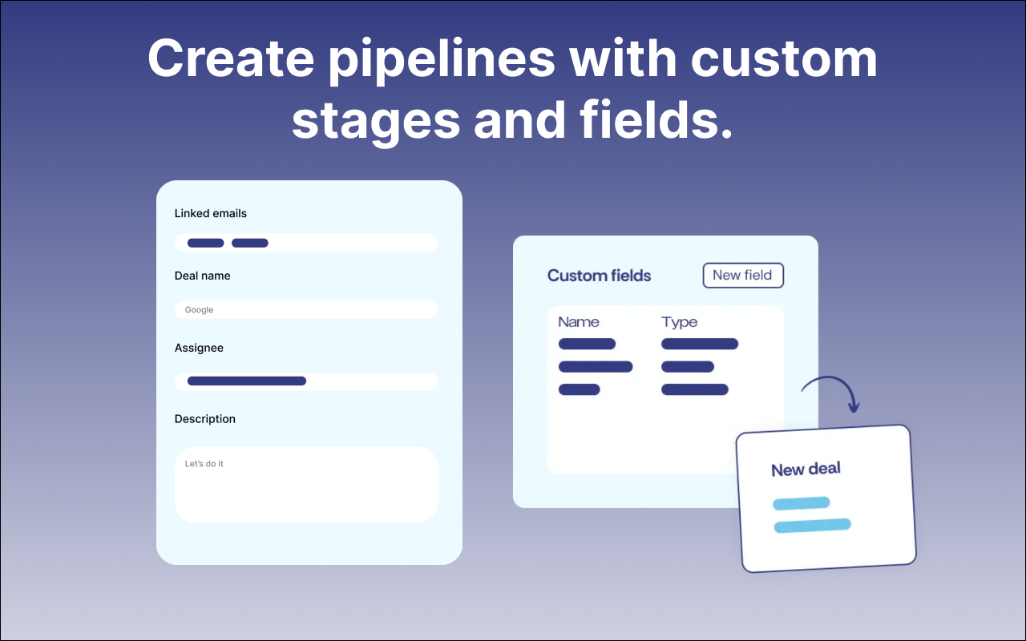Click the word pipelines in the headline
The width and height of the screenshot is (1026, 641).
(442, 60)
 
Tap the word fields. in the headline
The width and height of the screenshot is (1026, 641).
(656, 120)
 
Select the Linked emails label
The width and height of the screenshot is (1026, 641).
(211, 213)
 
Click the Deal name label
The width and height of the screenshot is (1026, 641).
(203, 276)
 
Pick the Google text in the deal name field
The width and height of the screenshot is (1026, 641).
(200, 310)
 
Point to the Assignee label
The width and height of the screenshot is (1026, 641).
(199, 348)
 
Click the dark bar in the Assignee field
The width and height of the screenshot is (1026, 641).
(247, 381)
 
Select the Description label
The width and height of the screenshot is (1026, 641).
(204, 419)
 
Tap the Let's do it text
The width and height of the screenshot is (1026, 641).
(204, 464)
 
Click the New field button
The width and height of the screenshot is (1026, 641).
(743, 275)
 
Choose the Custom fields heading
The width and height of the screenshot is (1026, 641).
(599, 276)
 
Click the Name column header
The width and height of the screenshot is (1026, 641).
(579, 322)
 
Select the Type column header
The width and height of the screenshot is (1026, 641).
(679, 322)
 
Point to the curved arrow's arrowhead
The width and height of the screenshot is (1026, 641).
(854, 406)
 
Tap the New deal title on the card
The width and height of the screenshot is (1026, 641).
(806, 470)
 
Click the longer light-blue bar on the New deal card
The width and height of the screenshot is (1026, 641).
(813, 525)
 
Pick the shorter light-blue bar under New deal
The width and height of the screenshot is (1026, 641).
(801, 503)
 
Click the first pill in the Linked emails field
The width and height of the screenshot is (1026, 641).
(206, 243)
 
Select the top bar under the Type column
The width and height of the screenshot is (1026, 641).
(700, 344)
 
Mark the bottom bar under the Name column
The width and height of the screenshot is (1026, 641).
(580, 389)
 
